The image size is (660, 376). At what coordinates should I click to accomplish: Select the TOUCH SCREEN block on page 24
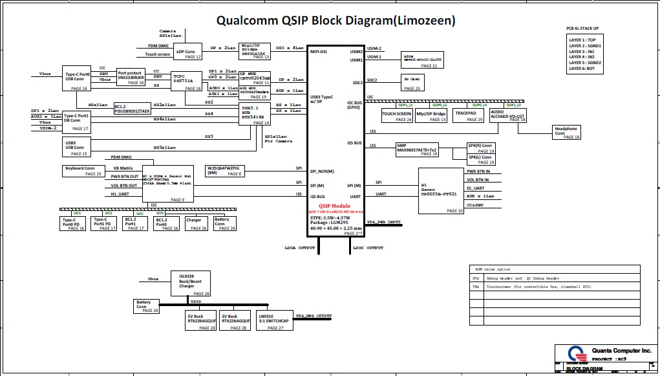[x=397, y=116]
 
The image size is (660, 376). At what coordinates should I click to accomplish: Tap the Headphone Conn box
[x=566, y=132]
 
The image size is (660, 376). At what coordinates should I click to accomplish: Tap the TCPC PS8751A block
[x=187, y=80]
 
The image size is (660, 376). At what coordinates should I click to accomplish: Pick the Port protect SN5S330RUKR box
[x=131, y=78]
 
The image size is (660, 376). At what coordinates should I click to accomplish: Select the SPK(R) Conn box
[x=481, y=148]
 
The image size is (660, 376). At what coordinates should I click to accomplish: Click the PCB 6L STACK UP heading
[x=582, y=28]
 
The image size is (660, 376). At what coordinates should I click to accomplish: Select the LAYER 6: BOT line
[x=582, y=68]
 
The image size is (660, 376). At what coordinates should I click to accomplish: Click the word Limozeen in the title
[x=424, y=21]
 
